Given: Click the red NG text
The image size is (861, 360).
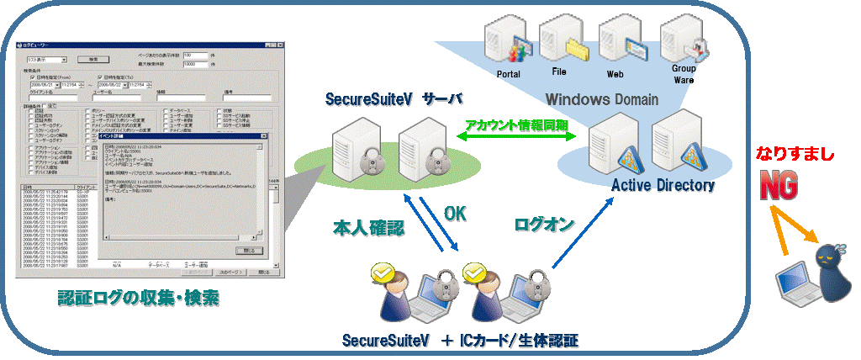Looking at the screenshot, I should pyautogui.click(x=779, y=186).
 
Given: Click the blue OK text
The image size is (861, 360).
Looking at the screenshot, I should pyautogui.click(x=455, y=214).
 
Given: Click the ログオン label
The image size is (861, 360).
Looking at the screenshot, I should pyautogui.click(x=544, y=225).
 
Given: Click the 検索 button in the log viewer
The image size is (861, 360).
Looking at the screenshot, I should pyautogui.click(x=93, y=60).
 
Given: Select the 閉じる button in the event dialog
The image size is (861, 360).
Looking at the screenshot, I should pyautogui.click(x=248, y=250).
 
